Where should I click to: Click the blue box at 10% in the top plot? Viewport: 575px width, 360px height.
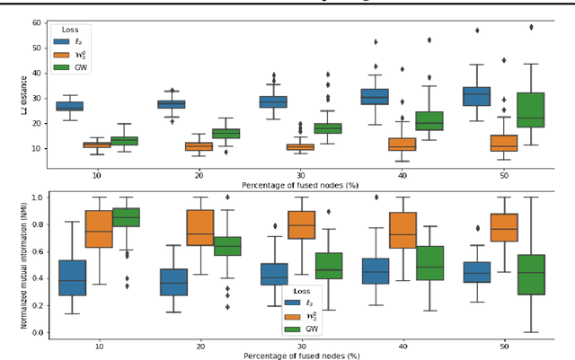(69, 106)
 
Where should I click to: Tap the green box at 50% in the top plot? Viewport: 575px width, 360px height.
(532, 110)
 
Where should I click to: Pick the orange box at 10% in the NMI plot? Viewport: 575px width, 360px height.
(97, 229)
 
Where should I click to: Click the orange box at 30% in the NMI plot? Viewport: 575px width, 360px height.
(301, 224)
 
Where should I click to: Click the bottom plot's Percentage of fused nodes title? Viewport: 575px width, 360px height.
(300, 356)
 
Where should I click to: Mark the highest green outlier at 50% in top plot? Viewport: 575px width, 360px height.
(532, 27)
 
